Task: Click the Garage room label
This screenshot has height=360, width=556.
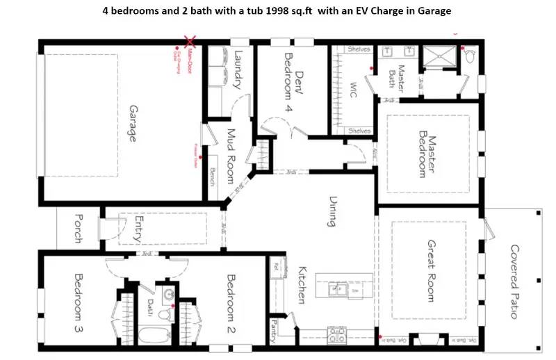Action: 131,123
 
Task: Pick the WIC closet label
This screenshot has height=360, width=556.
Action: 353,90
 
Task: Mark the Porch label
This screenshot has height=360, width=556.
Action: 77,227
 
